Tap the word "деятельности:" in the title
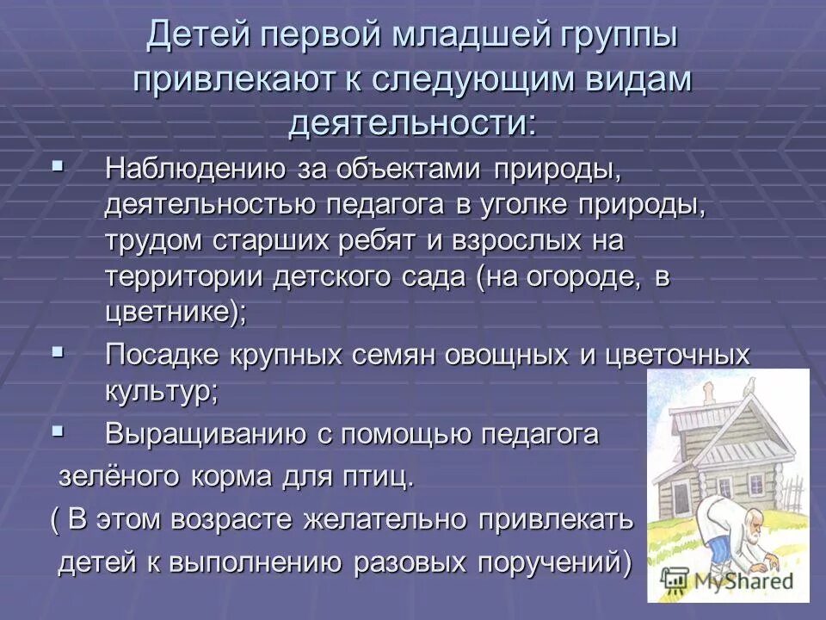[x=412, y=122]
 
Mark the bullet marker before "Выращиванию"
[x=59, y=430]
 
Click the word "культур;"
[x=162, y=391]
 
